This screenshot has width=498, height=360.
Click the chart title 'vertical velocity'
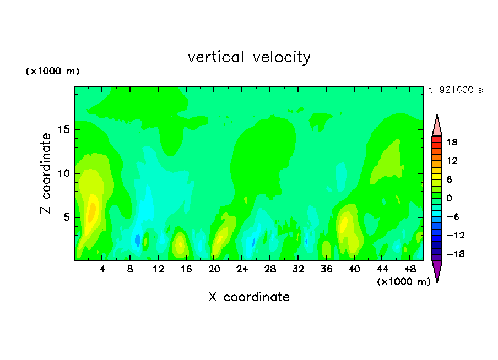(x=249, y=57)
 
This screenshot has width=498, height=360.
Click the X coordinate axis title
(x=249, y=297)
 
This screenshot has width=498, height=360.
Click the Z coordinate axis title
(x=46, y=173)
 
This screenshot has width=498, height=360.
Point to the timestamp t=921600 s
(x=456, y=90)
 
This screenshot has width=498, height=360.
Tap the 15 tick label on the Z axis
(x=64, y=129)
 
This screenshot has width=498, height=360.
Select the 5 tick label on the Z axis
(x=66, y=217)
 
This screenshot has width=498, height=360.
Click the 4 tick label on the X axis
(x=102, y=269)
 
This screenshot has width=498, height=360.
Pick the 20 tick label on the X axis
(x=214, y=269)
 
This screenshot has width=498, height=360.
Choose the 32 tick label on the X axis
(x=298, y=269)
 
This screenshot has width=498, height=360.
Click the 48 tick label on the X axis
(x=410, y=269)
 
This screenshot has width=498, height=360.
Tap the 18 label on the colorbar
(x=452, y=142)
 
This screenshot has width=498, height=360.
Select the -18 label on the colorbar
(x=456, y=254)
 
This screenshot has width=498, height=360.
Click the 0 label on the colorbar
(x=449, y=198)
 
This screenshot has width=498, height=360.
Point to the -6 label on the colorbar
(x=453, y=217)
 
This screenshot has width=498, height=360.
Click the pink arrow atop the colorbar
(x=437, y=126)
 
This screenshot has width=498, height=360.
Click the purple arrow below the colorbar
(x=437, y=270)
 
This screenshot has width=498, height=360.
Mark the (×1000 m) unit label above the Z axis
(x=52, y=71)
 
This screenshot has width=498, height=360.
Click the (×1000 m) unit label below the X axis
(x=403, y=282)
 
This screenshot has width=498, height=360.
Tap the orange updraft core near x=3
(x=92, y=212)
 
